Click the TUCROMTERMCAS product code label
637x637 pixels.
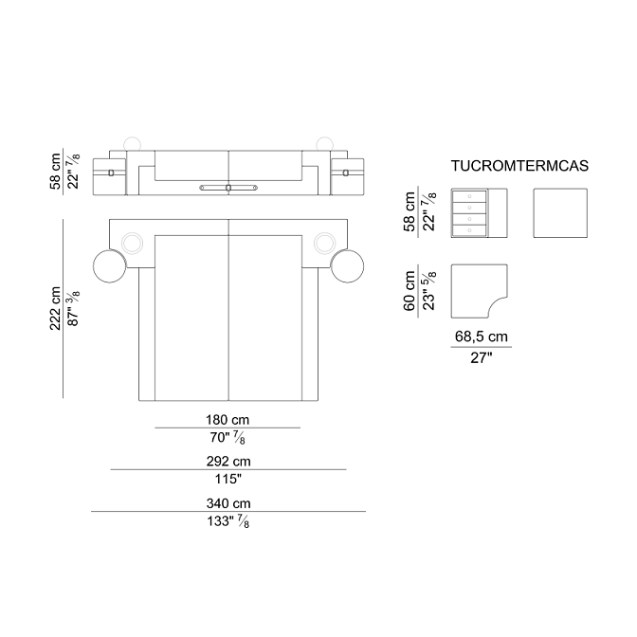point(519,166)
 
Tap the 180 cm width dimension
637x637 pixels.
point(227,420)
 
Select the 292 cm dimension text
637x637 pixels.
point(228,461)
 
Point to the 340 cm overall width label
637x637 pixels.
point(228,503)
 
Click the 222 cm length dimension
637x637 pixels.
point(55,308)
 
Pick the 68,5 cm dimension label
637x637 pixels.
point(481,337)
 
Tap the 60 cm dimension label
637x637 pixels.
point(409,291)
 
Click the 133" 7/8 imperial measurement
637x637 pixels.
point(227,521)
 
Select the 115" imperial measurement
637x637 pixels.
point(227,479)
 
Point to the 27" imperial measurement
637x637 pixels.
point(481,358)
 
